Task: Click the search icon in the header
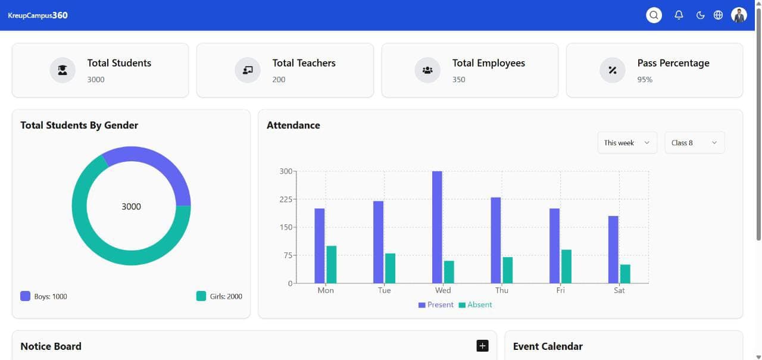pos(654,15)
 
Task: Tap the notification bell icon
pos(679,15)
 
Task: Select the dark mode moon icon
pos(700,15)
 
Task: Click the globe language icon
pos(718,15)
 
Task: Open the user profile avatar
pos(739,15)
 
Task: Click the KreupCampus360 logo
pos(38,15)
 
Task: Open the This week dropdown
pos(627,143)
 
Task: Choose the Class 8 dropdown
pos(694,143)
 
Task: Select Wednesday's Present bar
pos(437,227)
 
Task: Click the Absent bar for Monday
pos(332,264)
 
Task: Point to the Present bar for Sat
pos(613,249)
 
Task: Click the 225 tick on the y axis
pos(286,199)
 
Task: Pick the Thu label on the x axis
pos(502,290)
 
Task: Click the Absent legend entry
pos(475,305)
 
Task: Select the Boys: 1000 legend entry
pos(44,296)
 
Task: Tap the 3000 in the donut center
pos(131,206)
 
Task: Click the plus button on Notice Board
pos(482,346)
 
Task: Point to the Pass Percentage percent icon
pos(612,70)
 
